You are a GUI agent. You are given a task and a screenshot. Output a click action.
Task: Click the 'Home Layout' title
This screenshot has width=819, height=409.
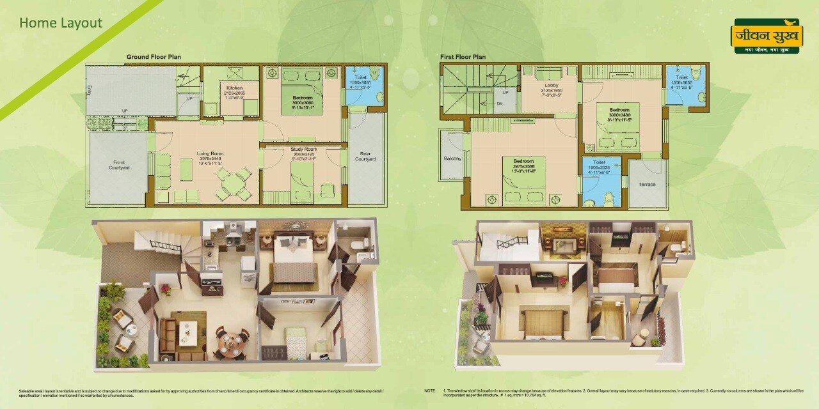[x=61, y=23]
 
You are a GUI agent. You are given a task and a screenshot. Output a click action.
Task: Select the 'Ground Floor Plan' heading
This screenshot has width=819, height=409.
[x=154, y=57]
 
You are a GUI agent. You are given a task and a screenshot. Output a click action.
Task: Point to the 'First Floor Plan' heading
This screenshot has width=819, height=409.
[x=463, y=57]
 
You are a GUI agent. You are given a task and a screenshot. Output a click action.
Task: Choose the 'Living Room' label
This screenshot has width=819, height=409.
[x=209, y=153]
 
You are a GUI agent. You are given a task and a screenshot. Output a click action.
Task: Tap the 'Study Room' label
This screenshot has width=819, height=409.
[x=305, y=150]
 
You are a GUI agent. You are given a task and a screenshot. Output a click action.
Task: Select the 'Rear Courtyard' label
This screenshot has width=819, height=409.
[x=365, y=156]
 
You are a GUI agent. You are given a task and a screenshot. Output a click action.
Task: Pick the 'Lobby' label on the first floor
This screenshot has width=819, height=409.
[x=552, y=85]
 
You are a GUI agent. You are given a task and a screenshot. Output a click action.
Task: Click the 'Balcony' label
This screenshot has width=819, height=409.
[x=452, y=158]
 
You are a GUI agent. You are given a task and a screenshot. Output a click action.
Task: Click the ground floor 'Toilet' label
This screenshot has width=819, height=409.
[x=361, y=77]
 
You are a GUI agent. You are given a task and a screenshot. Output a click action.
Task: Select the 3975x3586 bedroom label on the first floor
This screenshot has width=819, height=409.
[x=523, y=161]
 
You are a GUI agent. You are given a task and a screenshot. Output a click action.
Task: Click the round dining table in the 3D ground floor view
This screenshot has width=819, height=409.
[x=232, y=344]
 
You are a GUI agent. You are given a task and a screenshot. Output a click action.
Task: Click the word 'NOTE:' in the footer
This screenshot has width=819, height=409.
[x=430, y=390]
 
